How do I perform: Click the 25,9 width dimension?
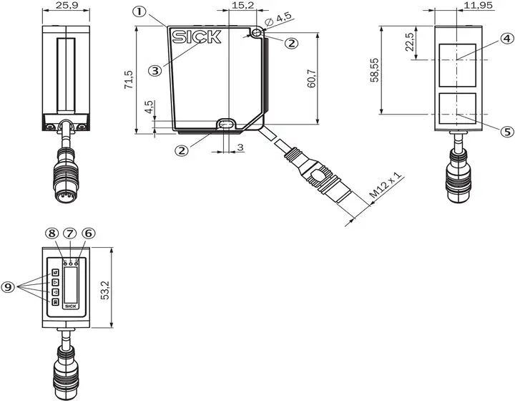(x=67, y=5)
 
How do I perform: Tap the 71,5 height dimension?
(x=129, y=79)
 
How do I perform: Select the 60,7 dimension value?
(x=311, y=79)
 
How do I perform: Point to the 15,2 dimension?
(x=242, y=5)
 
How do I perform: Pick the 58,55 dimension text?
(x=374, y=69)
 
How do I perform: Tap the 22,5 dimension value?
(x=410, y=42)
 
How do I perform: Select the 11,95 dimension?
(x=479, y=5)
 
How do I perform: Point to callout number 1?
(x=139, y=12)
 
